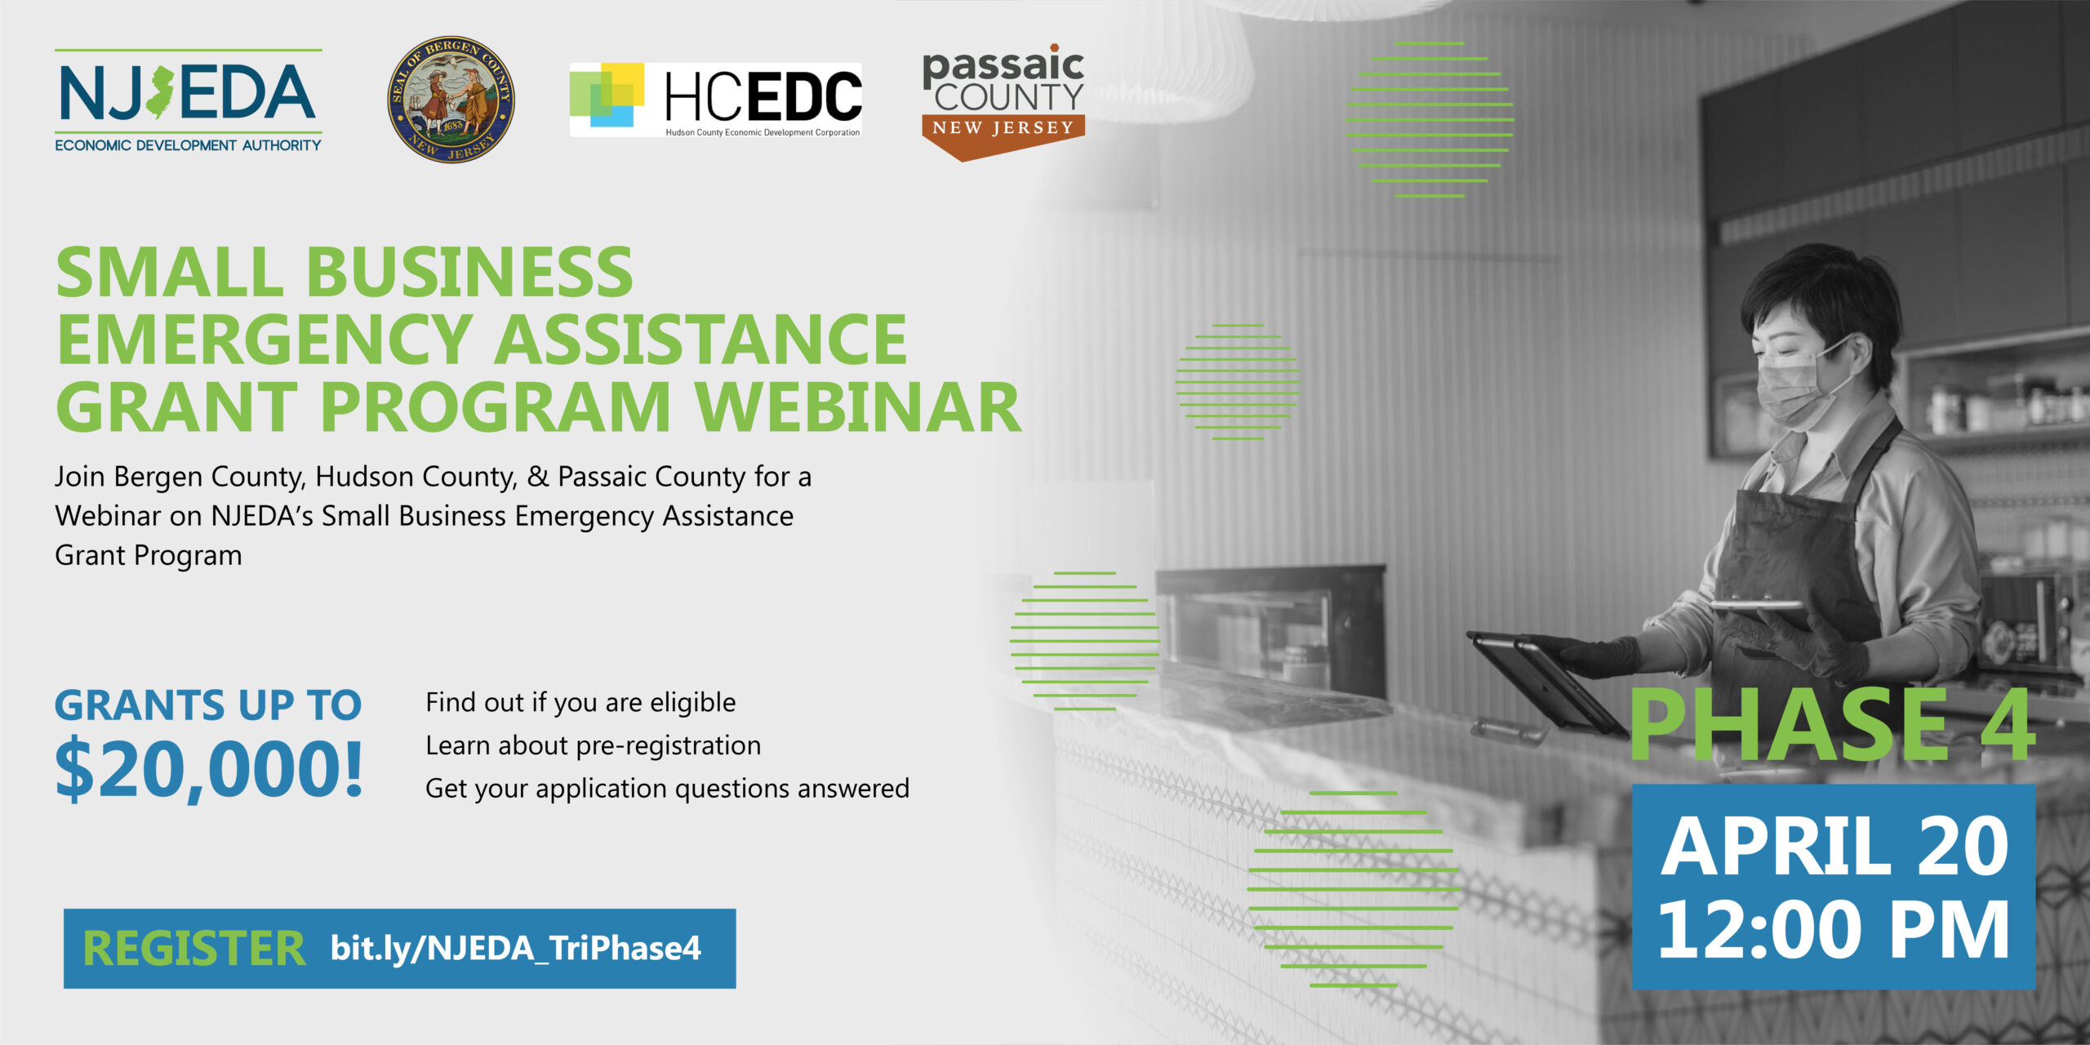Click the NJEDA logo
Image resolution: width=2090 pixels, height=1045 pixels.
[189, 100]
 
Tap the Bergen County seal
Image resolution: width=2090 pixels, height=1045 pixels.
[451, 100]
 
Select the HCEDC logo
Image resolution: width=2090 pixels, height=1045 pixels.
[716, 100]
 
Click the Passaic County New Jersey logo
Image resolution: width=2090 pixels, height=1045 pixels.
[1003, 102]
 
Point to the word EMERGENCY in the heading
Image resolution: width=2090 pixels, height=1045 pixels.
[265, 340]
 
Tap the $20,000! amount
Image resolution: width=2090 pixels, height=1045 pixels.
[209, 769]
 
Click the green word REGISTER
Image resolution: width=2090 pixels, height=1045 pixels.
[194, 949]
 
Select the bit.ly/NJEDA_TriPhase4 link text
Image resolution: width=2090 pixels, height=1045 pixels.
[516, 949]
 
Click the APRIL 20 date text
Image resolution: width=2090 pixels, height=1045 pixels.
[1834, 846]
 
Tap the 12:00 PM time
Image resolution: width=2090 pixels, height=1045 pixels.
[1834, 930]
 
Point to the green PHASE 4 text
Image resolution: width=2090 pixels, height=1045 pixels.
[1831, 724]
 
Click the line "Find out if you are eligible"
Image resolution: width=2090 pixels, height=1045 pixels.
[580, 703]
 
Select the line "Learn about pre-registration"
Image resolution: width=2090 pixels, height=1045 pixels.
[594, 746]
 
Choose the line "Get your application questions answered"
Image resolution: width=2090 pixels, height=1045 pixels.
[667, 789]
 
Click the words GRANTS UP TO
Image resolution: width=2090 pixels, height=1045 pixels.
[208, 705]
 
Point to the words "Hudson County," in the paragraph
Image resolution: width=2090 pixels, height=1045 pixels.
[416, 477]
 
